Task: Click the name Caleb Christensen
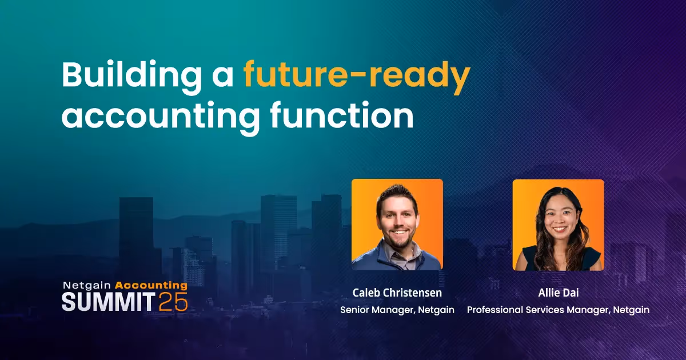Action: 397,293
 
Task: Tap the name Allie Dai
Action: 558,293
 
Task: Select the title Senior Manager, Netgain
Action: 397,310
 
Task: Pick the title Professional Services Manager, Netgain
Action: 558,310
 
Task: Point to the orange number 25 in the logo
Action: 173,302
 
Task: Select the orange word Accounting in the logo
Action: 151,285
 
